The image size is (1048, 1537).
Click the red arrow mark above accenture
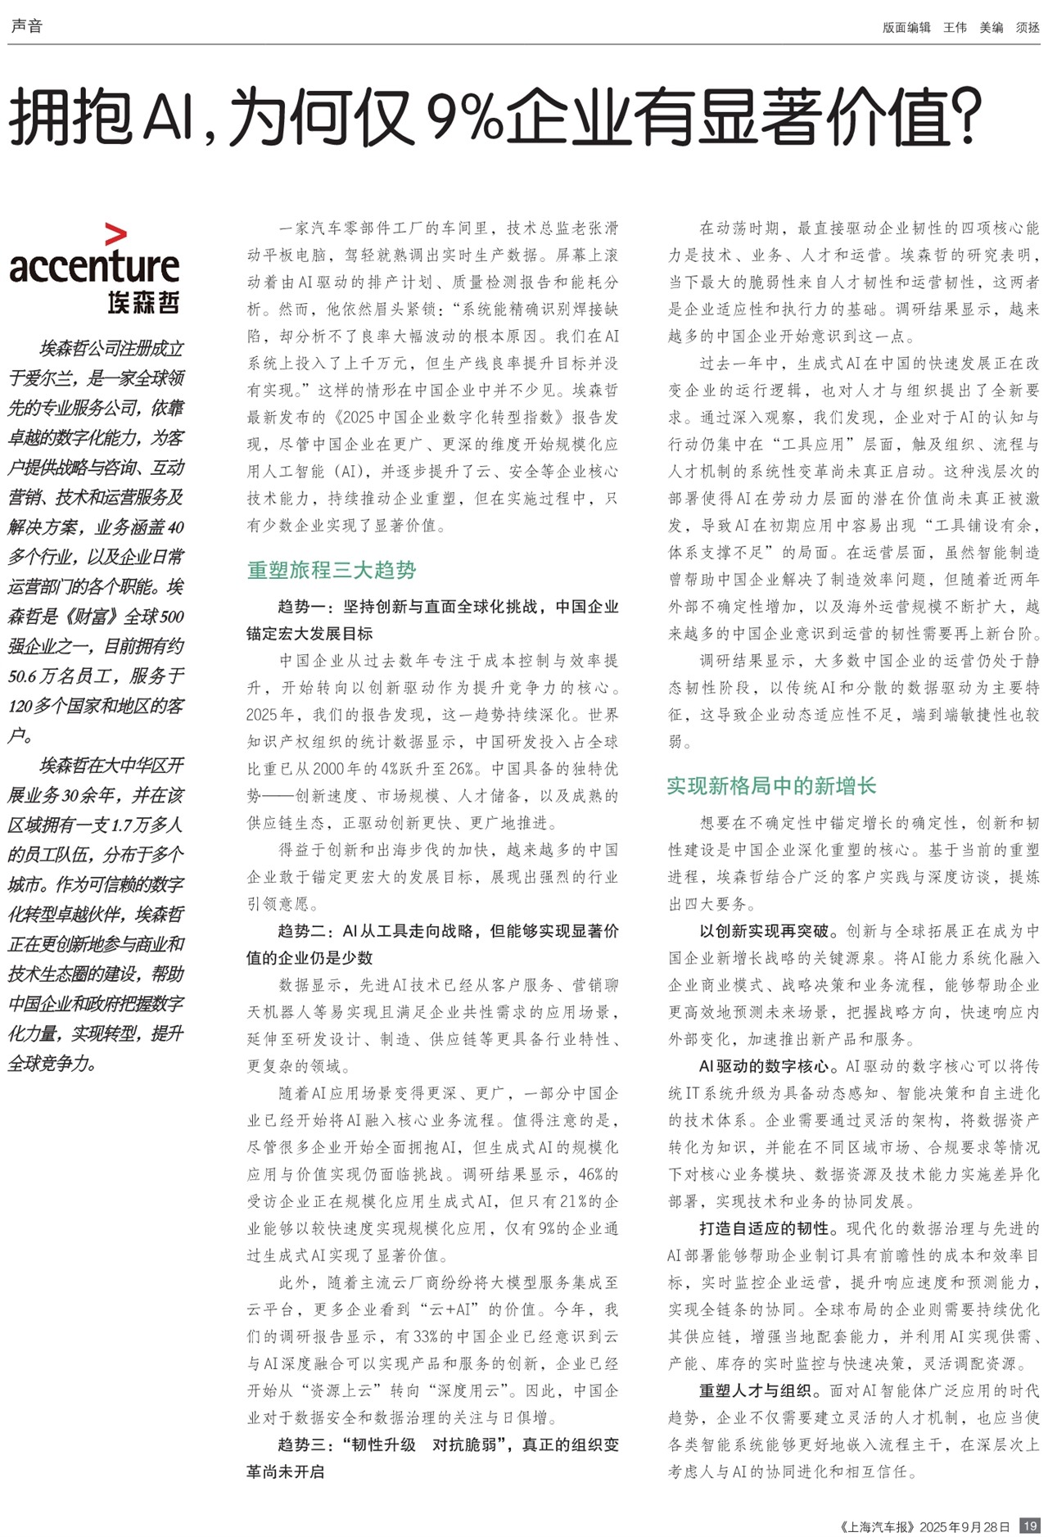pos(116,234)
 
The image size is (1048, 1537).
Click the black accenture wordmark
pos(94,266)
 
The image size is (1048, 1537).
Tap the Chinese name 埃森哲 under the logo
pos(143,301)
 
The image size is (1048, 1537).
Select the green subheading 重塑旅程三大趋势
pos(332,570)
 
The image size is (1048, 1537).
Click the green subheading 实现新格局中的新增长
pos(771,786)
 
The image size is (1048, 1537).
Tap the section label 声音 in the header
pos(26,26)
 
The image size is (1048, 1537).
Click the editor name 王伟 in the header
pos(955,27)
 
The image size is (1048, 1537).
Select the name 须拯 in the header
pos(1028,27)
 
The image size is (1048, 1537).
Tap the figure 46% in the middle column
pos(591,1174)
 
